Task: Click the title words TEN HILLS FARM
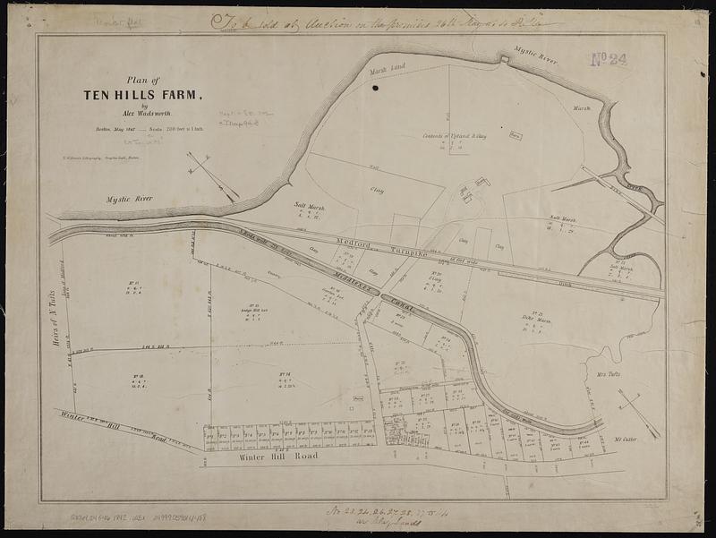tap(143, 94)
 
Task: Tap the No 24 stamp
tap(609, 60)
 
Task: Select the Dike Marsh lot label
tap(536, 320)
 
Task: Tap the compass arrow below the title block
tap(213, 176)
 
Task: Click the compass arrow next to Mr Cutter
tap(639, 412)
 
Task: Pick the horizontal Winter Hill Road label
tap(279, 456)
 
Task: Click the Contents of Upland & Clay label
tap(456, 136)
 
